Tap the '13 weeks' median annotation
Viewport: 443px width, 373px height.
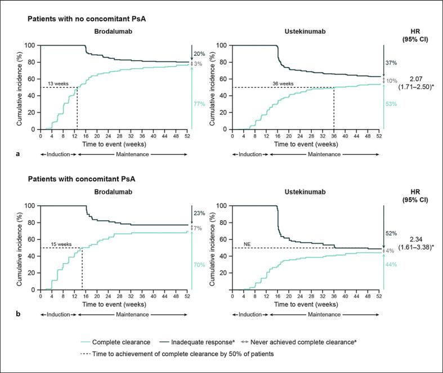click(x=59, y=83)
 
